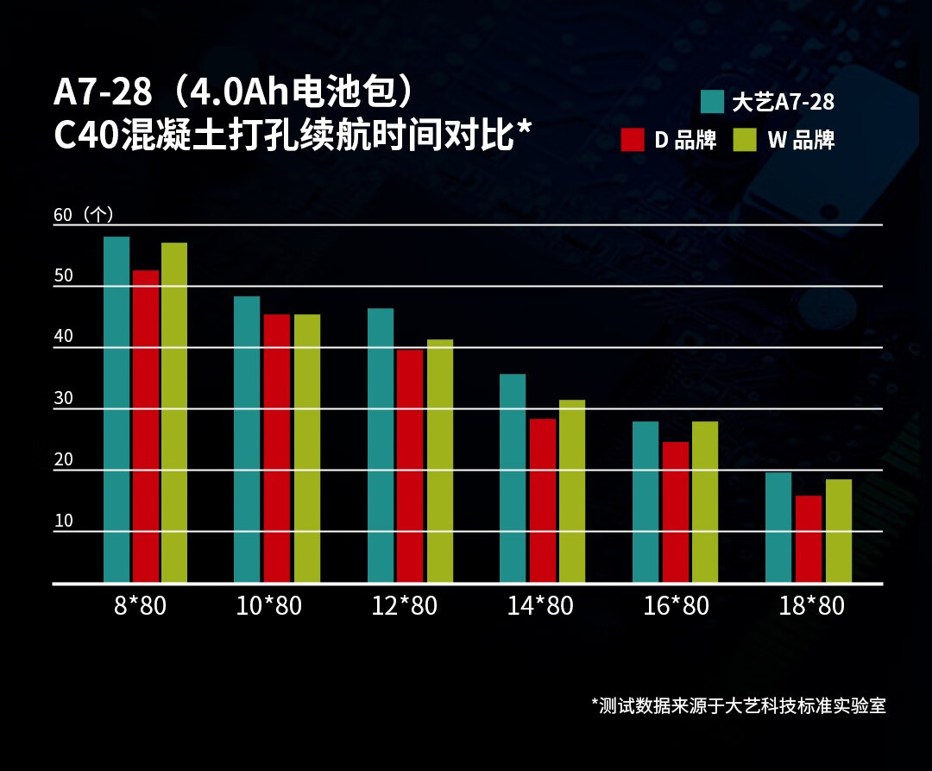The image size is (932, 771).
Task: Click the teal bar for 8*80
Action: tap(116, 409)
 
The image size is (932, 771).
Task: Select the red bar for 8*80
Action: tap(146, 427)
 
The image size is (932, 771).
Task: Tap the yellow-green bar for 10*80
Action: tap(307, 448)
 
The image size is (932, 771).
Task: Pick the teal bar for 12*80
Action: tap(381, 446)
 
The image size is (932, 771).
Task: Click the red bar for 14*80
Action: tap(543, 501)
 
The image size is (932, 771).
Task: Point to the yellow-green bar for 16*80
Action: tap(705, 502)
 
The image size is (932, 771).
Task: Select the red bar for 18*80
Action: tap(809, 539)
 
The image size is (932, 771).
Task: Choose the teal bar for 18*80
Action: tap(778, 528)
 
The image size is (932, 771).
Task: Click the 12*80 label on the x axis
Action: tap(405, 606)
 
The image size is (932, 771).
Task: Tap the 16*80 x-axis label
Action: tap(676, 606)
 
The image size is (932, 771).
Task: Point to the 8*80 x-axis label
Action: tap(140, 606)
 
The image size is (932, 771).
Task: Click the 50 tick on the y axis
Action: tap(64, 276)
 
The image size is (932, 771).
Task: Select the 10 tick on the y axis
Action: tap(64, 521)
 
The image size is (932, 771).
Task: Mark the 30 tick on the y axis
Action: tap(64, 399)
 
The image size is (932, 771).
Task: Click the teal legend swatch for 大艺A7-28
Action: tap(712, 102)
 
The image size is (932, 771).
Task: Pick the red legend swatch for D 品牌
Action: tap(633, 140)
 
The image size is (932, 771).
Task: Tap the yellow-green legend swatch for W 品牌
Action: tap(745, 140)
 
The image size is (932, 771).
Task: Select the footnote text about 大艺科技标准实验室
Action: tap(739, 705)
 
